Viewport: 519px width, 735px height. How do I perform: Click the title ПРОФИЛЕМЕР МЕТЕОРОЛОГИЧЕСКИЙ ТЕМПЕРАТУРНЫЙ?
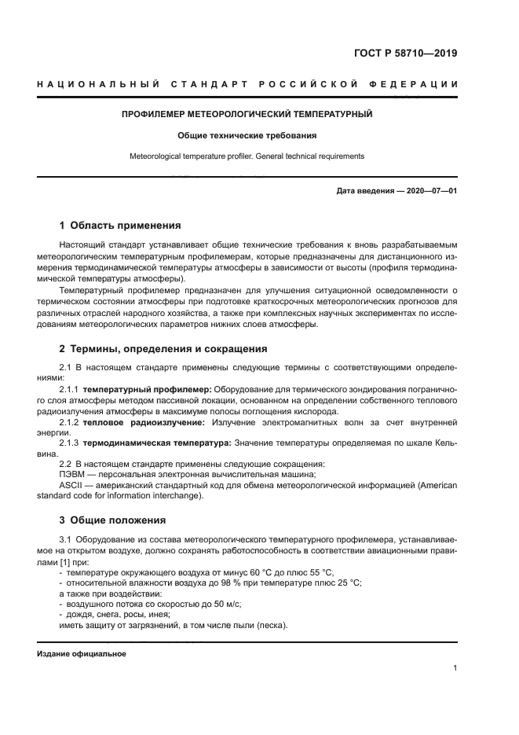(x=247, y=114)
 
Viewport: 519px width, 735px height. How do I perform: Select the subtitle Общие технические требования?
(x=247, y=135)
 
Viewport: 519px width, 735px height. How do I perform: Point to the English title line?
(x=247, y=156)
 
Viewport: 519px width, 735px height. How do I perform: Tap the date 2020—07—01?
(x=429, y=191)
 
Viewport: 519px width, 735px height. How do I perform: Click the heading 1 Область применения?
(x=120, y=225)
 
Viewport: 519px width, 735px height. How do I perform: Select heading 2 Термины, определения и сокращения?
(x=163, y=348)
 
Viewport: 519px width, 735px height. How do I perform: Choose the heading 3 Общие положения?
(x=112, y=520)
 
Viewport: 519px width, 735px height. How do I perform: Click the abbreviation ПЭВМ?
(x=72, y=475)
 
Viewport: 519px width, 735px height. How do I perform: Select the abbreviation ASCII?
(x=71, y=485)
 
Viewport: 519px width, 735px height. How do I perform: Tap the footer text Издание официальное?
(x=82, y=654)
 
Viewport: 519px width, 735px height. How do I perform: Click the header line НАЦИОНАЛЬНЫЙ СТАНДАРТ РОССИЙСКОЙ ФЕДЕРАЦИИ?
(x=247, y=83)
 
